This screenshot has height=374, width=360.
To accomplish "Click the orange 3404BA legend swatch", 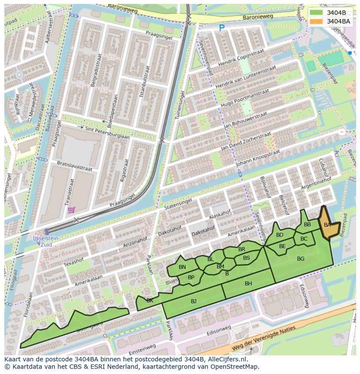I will click(x=317, y=21).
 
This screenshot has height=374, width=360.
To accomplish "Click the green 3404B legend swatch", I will click(x=317, y=13).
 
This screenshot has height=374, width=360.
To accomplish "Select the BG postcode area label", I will click(x=300, y=259).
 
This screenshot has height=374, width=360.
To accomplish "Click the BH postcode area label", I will click(x=248, y=284).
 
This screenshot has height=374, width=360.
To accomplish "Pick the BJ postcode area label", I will click(x=193, y=301).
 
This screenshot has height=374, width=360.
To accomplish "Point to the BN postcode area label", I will click(x=182, y=267).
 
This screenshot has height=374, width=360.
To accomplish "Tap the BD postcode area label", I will click(x=280, y=235).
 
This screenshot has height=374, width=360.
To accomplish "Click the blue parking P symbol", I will click(x=222, y=28).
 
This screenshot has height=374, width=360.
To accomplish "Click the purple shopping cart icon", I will click(x=71, y=210).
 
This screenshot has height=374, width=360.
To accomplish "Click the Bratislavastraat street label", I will click(x=74, y=166).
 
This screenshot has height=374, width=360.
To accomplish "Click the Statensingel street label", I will click(x=178, y=204).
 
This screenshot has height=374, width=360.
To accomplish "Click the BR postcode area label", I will click(x=242, y=249).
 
